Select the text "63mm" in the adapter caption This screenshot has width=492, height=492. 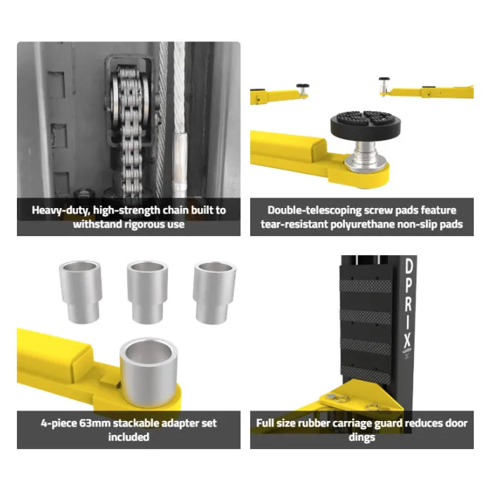coord(95,423)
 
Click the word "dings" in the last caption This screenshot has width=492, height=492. coord(362,437)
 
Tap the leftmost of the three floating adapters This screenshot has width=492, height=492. coord(80,292)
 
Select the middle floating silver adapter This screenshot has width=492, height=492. coord(148,292)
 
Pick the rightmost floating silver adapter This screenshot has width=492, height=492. coord(214,292)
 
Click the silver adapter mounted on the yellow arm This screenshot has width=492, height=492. coord(149,372)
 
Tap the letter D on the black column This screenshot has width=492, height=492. coord(409,266)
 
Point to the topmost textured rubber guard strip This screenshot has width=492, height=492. coord(366,286)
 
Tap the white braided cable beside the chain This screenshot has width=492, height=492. coord(179,119)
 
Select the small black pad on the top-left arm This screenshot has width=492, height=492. coord(302,86)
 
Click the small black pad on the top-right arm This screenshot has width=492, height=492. coord(384,79)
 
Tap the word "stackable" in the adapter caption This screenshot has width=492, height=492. coord(138,423)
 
